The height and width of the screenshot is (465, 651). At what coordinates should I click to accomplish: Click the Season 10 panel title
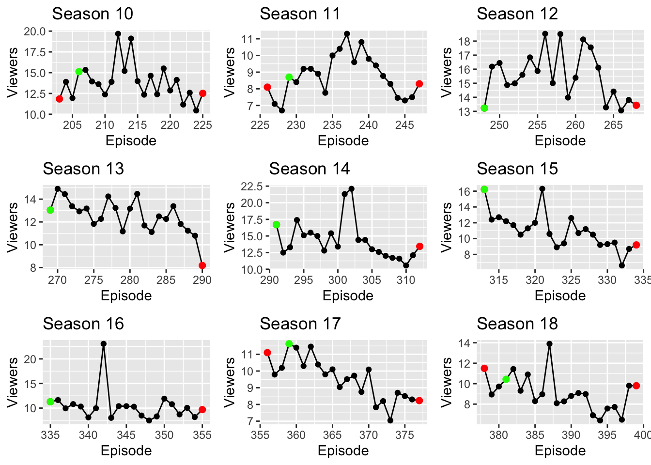pyautogui.click(x=93, y=14)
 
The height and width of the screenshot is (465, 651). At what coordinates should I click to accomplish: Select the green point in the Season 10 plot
pyautogui.click(x=79, y=72)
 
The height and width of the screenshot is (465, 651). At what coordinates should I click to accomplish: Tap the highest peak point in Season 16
pyautogui.click(x=104, y=344)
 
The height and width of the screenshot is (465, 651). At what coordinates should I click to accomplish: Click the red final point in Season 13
pyautogui.click(x=202, y=265)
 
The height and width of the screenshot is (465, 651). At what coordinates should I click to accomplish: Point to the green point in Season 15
pyautogui.click(x=484, y=189)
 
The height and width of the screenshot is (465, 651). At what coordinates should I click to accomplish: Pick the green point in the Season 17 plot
pyautogui.click(x=289, y=344)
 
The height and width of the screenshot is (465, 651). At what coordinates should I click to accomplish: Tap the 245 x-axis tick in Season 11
pyautogui.click(x=404, y=125)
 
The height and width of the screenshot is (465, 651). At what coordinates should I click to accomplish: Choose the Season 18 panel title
pyautogui.click(x=517, y=324)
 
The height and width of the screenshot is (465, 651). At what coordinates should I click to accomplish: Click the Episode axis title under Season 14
pyautogui.click(x=348, y=296)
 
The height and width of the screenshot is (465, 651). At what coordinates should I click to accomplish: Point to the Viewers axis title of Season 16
pyautogui.click(x=13, y=382)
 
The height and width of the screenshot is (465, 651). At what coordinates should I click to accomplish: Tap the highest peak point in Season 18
pyautogui.click(x=549, y=344)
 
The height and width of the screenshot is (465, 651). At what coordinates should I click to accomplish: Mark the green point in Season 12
pyautogui.click(x=484, y=108)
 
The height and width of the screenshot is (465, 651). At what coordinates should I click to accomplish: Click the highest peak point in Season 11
pyautogui.click(x=347, y=34)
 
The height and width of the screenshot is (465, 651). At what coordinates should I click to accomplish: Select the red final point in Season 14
pyautogui.click(x=419, y=247)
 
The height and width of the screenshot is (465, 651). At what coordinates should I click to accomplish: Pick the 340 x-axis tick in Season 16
pyautogui.click(x=88, y=435)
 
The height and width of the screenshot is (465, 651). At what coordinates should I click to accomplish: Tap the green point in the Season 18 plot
pyautogui.click(x=506, y=379)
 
